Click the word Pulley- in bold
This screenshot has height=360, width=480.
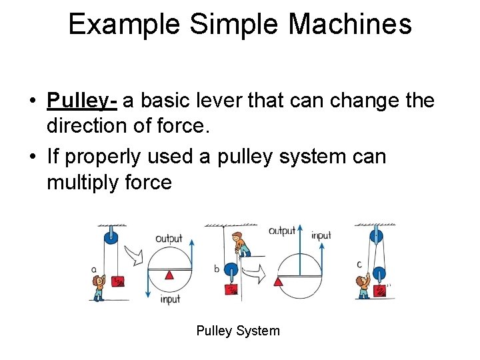point(82,101)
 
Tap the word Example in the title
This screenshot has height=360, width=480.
point(124,25)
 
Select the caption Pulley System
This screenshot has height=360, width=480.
point(238,331)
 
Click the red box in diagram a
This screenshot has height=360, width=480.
point(119,281)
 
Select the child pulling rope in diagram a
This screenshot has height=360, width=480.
point(99,286)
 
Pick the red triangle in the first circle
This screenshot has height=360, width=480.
point(169,275)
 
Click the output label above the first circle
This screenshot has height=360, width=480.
point(168,239)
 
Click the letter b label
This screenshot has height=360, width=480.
point(216,269)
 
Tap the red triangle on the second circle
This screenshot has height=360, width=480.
point(278,282)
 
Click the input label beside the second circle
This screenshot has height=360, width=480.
point(321,235)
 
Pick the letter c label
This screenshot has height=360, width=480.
point(359,265)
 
